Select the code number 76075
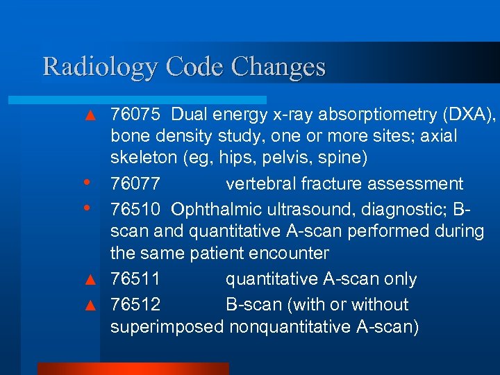136,114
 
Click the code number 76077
136,184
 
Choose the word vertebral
260,184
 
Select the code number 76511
136,279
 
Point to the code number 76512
136,304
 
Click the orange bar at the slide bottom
132,368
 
